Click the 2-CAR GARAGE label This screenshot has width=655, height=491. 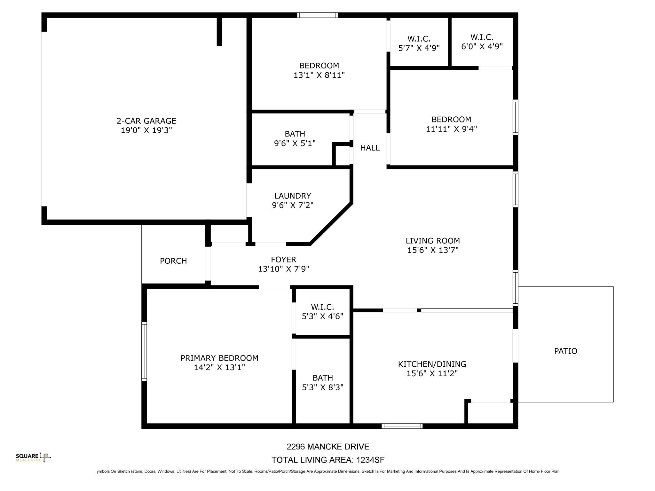146,121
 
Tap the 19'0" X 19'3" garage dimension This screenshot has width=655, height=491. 146,130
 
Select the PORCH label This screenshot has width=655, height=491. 173,261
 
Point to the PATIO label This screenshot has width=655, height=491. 565,351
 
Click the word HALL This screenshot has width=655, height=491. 370,148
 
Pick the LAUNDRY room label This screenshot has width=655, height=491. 293,196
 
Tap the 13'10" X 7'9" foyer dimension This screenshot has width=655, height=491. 283,269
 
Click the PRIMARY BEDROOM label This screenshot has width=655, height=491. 219,358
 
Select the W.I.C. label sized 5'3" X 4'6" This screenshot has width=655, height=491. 322,307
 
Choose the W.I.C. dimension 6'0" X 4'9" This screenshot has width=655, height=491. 482,47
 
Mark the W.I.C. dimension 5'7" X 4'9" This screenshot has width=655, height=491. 419,48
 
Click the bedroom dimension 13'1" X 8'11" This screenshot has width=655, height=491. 319,75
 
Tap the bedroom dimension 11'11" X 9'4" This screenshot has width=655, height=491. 451,129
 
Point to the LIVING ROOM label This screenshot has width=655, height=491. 432,241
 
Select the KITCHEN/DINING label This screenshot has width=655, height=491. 432,364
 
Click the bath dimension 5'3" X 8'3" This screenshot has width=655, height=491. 322,387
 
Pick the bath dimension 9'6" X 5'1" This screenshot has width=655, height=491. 295,143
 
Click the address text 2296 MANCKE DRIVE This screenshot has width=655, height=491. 327,447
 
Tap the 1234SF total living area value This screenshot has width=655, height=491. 370,460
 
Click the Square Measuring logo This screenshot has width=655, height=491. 33,457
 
